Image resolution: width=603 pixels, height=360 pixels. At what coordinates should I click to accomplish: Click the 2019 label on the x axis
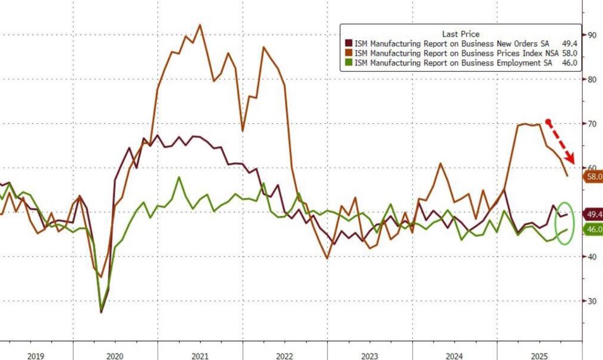36,356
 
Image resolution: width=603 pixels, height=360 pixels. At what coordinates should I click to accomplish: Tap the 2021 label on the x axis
199,356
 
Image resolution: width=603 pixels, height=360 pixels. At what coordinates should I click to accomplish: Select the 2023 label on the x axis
369,356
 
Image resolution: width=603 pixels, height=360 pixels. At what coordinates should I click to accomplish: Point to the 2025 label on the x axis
539,356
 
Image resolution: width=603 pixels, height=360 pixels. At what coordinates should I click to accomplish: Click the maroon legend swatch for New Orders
348,44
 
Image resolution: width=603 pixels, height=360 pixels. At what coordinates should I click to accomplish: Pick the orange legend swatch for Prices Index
348,53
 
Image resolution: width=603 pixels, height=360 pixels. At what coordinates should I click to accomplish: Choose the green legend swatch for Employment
348,63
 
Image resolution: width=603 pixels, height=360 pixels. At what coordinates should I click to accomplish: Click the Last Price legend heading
460,34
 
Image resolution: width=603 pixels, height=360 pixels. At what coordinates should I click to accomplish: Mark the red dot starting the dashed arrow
548,122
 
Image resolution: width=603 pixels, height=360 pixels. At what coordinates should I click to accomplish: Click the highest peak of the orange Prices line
200,25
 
